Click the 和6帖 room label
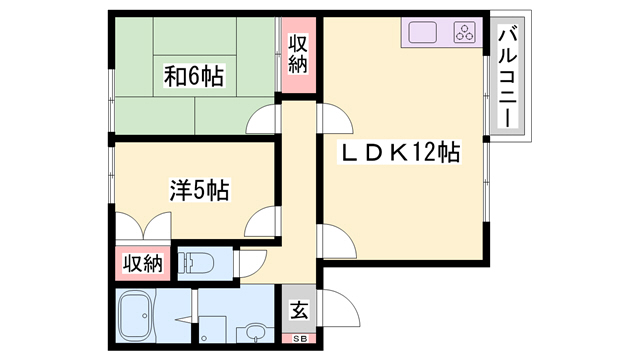click(194, 76)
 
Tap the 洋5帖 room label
click(199, 189)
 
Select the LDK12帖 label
click(399, 152)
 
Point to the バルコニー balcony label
click(507, 76)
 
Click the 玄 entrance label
click(299, 309)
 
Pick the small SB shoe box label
click(299, 339)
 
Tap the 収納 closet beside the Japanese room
click(298, 54)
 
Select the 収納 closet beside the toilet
click(143, 263)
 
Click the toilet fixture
click(196, 262)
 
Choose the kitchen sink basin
click(422, 32)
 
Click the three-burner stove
click(464, 32)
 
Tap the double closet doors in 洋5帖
click(143, 226)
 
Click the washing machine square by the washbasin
click(213, 329)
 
